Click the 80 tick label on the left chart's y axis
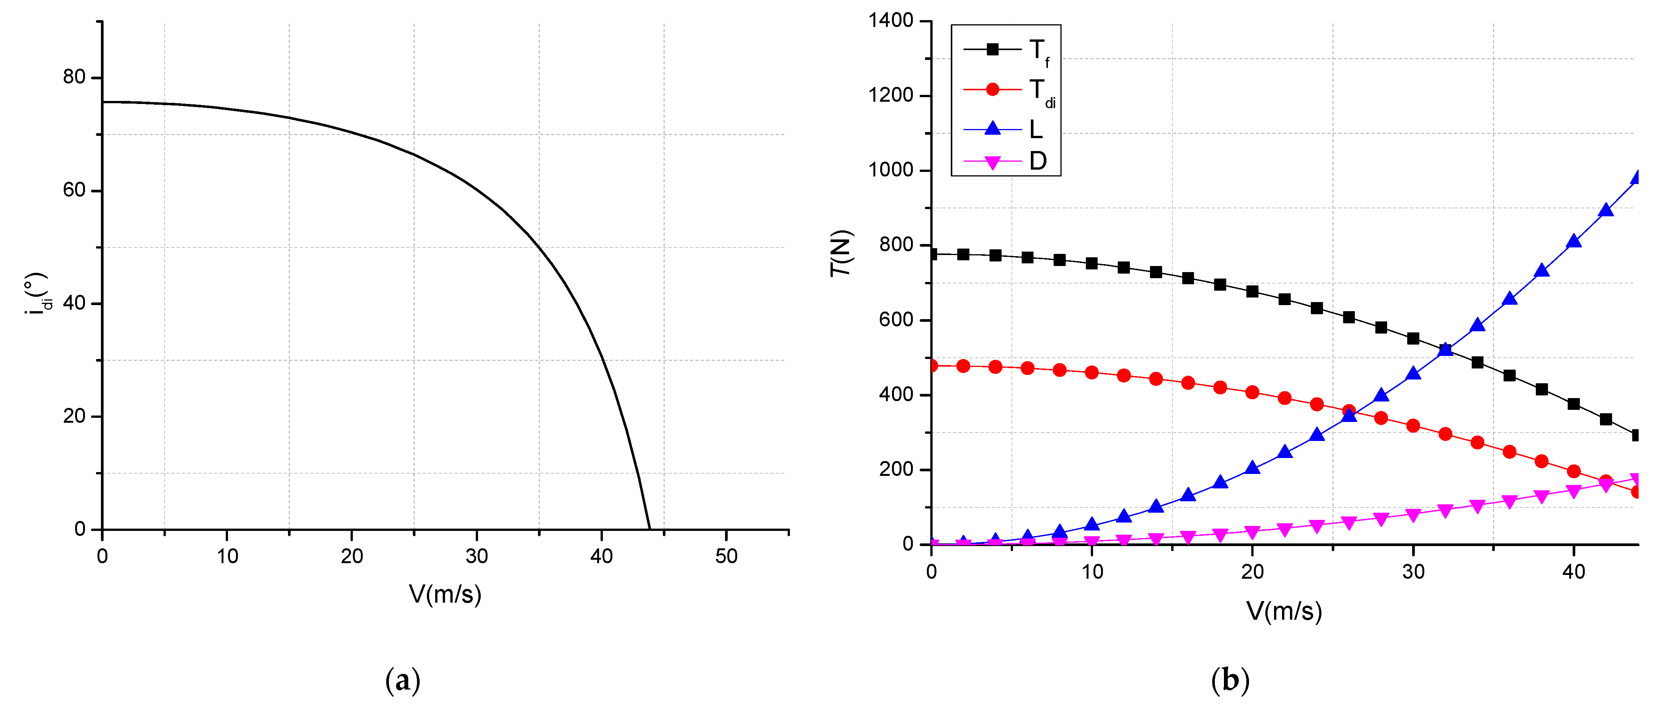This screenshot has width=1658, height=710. [74, 77]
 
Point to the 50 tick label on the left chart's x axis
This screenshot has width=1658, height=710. [726, 556]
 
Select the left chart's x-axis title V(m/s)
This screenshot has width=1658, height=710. [445, 594]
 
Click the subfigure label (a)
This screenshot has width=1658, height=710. [402, 680]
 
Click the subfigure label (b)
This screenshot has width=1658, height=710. [1230, 680]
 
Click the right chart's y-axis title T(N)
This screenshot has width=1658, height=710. [841, 253]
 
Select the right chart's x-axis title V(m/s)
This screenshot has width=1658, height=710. [1284, 611]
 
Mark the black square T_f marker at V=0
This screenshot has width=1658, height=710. [931, 254]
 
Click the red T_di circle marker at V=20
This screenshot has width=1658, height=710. [1252, 392]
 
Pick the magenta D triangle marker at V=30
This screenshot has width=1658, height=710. [1413, 515]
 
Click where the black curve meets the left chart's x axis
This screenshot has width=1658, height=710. [650, 529]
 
